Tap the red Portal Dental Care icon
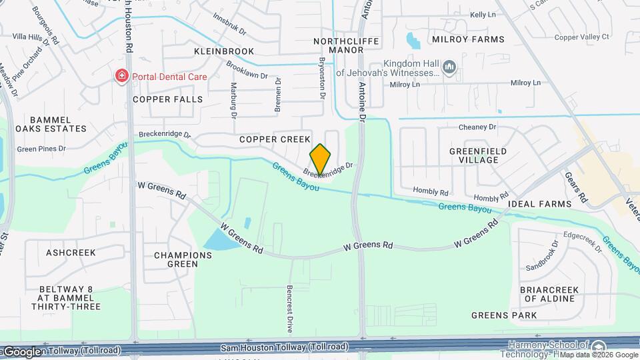point(121,76)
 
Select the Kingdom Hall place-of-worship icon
point(449,67)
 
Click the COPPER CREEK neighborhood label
point(275,139)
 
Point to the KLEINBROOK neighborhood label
point(224,51)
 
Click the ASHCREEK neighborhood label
point(71,253)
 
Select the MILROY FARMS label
point(467,40)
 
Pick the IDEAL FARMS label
point(539,203)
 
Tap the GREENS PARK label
point(504,315)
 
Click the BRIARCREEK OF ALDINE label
point(547,294)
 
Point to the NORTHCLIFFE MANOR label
point(346,45)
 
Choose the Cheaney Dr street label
point(477,127)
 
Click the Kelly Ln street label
point(483,14)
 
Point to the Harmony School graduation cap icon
point(599,347)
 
